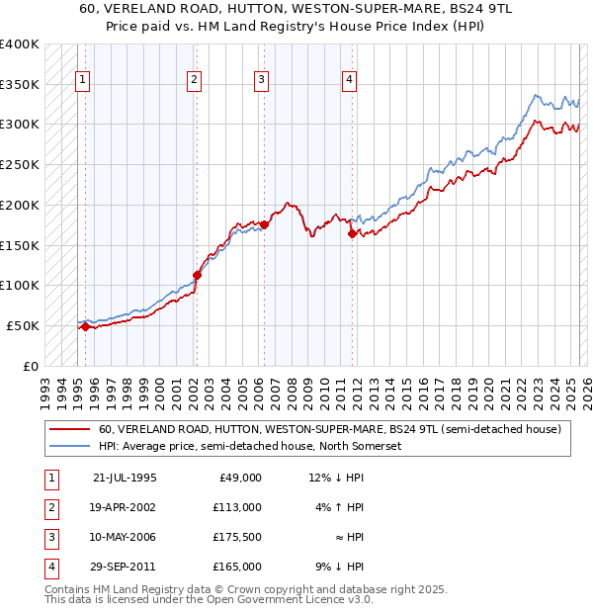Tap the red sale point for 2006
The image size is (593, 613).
point(264,225)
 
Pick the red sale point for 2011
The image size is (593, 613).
point(352,234)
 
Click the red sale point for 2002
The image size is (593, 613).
point(197,275)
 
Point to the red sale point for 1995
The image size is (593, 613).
point(85,326)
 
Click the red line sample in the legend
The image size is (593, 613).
point(70,429)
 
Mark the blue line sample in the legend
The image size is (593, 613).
point(70,446)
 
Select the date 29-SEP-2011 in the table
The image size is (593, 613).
point(125,567)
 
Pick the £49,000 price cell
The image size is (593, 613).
point(240,478)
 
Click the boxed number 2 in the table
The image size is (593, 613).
point(49,507)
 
